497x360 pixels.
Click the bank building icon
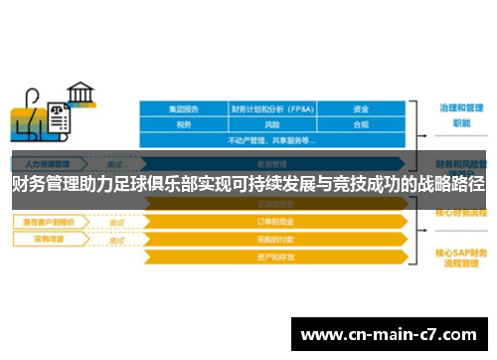tap(80, 93)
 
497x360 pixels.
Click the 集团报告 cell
tap(183, 108)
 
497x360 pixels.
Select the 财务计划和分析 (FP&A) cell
tap(272, 108)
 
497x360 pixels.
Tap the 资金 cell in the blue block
tap(361, 108)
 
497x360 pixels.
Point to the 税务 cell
tap(183, 125)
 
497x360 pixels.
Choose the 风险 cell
tap(272, 125)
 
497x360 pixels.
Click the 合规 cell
tap(361, 125)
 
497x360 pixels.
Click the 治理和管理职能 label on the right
tap(460, 114)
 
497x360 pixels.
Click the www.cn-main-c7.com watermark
tap(389, 334)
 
